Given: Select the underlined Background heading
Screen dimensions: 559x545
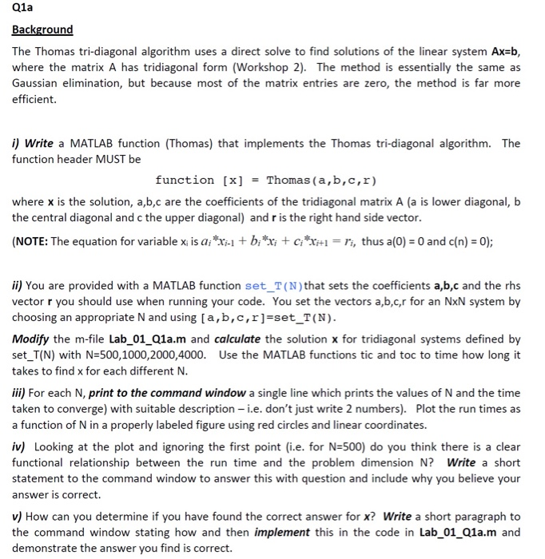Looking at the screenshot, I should [x=42, y=30].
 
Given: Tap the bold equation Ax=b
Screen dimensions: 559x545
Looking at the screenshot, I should [x=503, y=51].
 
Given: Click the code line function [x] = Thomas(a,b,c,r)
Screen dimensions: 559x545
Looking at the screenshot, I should [x=265, y=180].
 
